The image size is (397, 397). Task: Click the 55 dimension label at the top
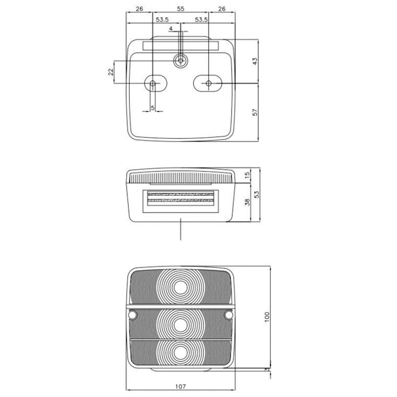point(181,9)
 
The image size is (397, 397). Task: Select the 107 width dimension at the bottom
point(181,386)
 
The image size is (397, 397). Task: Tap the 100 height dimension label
point(267,317)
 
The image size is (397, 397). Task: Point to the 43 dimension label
point(255,61)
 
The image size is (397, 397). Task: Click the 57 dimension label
point(255,112)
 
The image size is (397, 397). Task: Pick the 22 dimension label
point(111,72)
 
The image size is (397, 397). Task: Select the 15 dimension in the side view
point(247,174)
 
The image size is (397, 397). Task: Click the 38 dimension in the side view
point(247,202)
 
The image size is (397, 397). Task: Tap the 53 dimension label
point(257,195)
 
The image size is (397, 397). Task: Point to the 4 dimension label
point(171,29)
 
